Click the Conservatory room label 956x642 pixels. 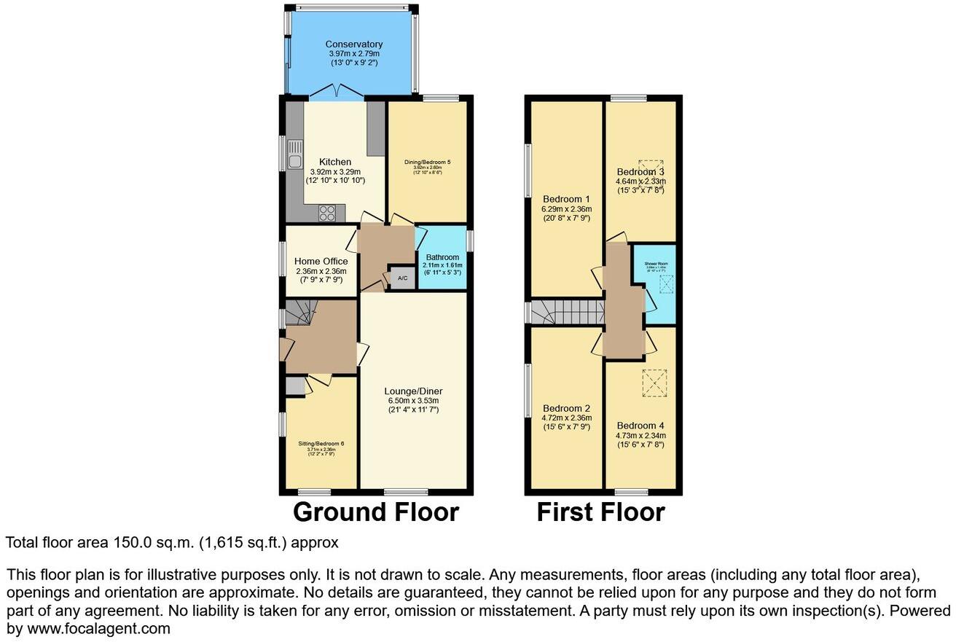[x=353, y=44]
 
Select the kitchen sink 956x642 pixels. [x=295, y=161]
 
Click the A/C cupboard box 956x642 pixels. [x=401, y=278]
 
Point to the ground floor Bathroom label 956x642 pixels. [x=442, y=257]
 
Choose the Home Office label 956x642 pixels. [x=321, y=261]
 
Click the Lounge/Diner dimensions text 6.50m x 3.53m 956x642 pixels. [x=413, y=400]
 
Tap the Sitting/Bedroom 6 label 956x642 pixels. [x=321, y=443]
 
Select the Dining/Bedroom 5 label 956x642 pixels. [x=428, y=162]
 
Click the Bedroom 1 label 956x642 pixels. [x=566, y=199]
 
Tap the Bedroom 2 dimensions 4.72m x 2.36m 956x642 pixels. [x=566, y=418]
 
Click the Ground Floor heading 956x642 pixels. [x=375, y=512]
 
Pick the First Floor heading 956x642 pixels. [x=600, y=512]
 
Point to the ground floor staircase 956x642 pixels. [x=298, y=315]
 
